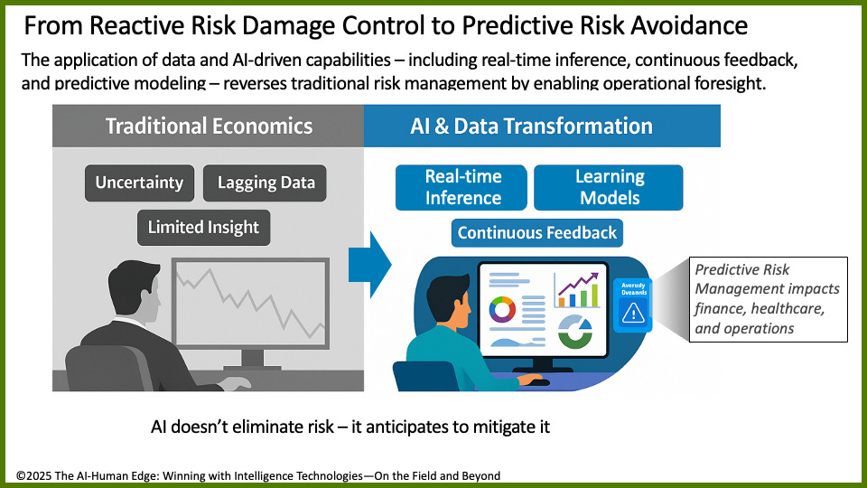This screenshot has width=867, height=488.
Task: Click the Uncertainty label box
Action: click(x=139, y=183)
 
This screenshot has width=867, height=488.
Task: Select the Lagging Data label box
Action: click(x=266, y=183)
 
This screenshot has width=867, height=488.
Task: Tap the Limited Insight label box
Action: click(x=203, y=227)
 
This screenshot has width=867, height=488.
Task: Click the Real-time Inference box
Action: click(x=462, y=187)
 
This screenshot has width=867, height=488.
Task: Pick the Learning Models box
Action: click(x=609, y=187)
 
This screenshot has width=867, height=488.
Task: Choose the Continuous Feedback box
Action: click(x=536, y=232)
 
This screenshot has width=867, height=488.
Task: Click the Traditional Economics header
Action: click(x=209, y=126)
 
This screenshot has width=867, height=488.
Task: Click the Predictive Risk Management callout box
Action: click(x=768, y=299)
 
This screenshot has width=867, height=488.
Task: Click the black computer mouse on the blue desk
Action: click(x=539, y=381)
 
